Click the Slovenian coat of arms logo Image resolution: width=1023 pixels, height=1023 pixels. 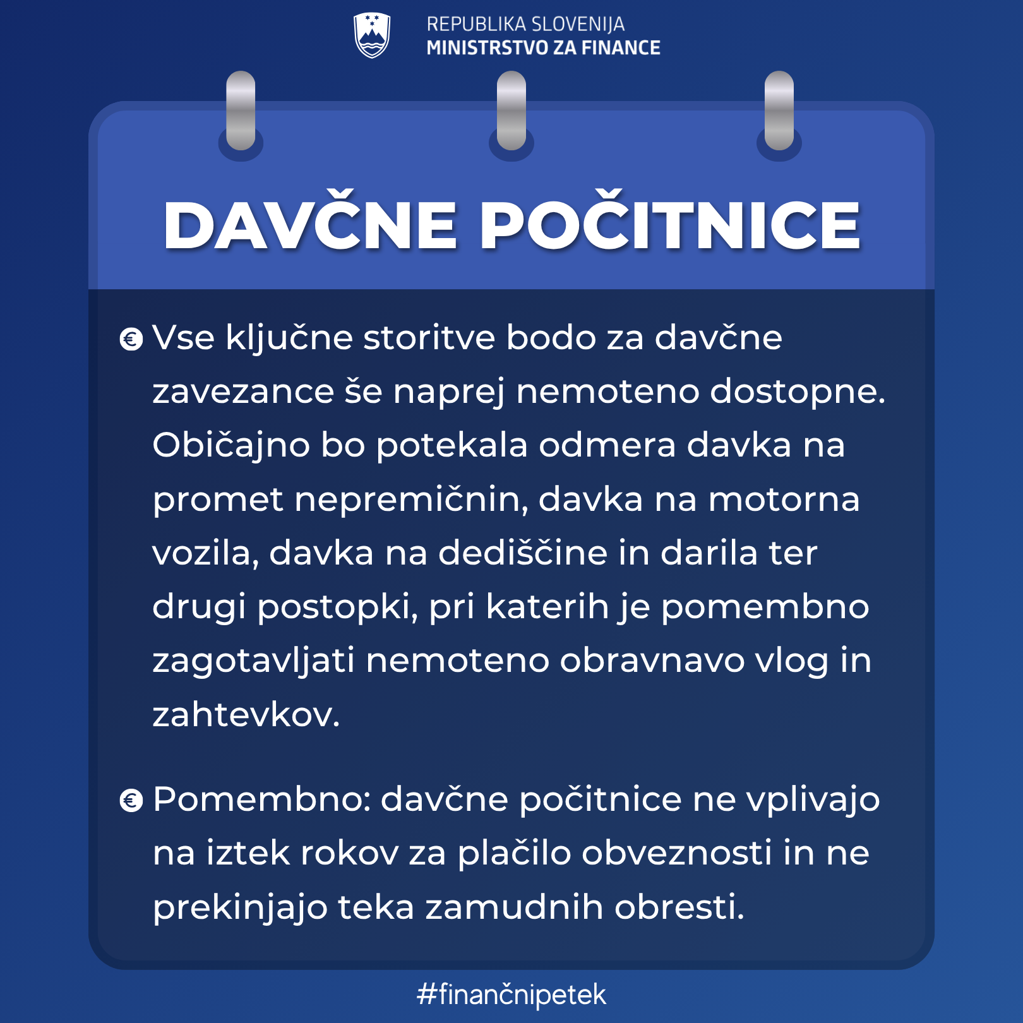(x=372, y=35)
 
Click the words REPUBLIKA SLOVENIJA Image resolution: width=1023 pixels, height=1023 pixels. (x=525, y=24)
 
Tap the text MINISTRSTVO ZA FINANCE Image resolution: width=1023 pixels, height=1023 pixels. (x=543, y=47)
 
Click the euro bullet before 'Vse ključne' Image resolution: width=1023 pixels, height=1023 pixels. (x=131, y=340)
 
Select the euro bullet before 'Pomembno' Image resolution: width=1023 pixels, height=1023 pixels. (x=131, y=801)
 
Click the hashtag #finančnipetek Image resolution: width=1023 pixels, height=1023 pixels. (x=512, y=994)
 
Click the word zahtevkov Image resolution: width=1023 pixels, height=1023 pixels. (x=246, y=715)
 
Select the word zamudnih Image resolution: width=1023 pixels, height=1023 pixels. (x=514, y=907)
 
